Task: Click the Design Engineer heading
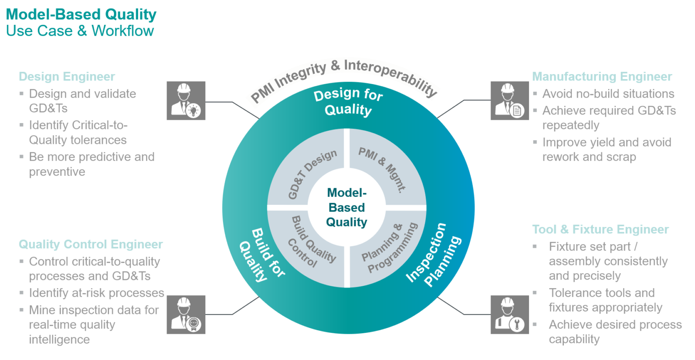tap(67, 76)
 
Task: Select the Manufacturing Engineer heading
tap(602, 76)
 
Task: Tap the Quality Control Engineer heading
tap(90, 244)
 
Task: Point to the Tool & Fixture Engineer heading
tap(600, 229)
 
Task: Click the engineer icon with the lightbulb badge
tap(186, 101)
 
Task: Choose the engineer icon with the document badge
tap(510, 101)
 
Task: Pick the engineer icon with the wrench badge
tap(510, 315)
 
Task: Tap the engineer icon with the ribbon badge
tap(186, 315)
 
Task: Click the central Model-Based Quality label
tap(347, 208)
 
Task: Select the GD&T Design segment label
tap(312, 174)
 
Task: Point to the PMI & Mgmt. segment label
tap(382, 170)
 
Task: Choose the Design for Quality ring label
tap(348, 102)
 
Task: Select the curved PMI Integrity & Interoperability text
tap(344, 77)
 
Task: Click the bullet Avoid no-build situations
tap(608, 94)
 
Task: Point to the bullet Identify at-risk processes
tap(96, 293)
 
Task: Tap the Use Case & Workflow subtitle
tap(80, 31)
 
